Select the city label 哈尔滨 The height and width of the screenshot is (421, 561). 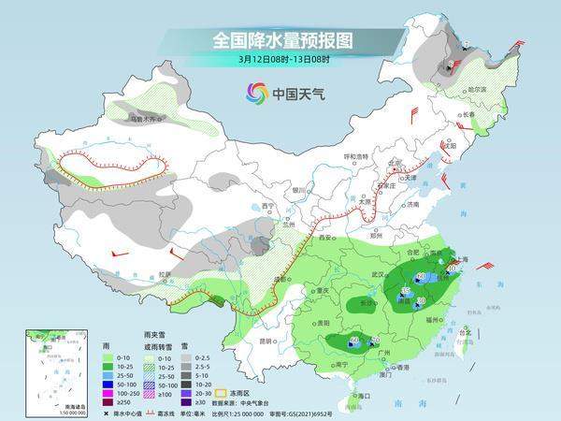click(x=477, y=88)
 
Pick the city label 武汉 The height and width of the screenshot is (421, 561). click(x=378, y=273)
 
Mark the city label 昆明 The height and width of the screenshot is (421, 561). click(x=268, y=340)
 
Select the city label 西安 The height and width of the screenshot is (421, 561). click(x=327, y=239)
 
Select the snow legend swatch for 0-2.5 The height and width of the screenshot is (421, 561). click(x=187, y=356)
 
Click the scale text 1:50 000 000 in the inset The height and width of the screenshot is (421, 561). click(x=47, y=413)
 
